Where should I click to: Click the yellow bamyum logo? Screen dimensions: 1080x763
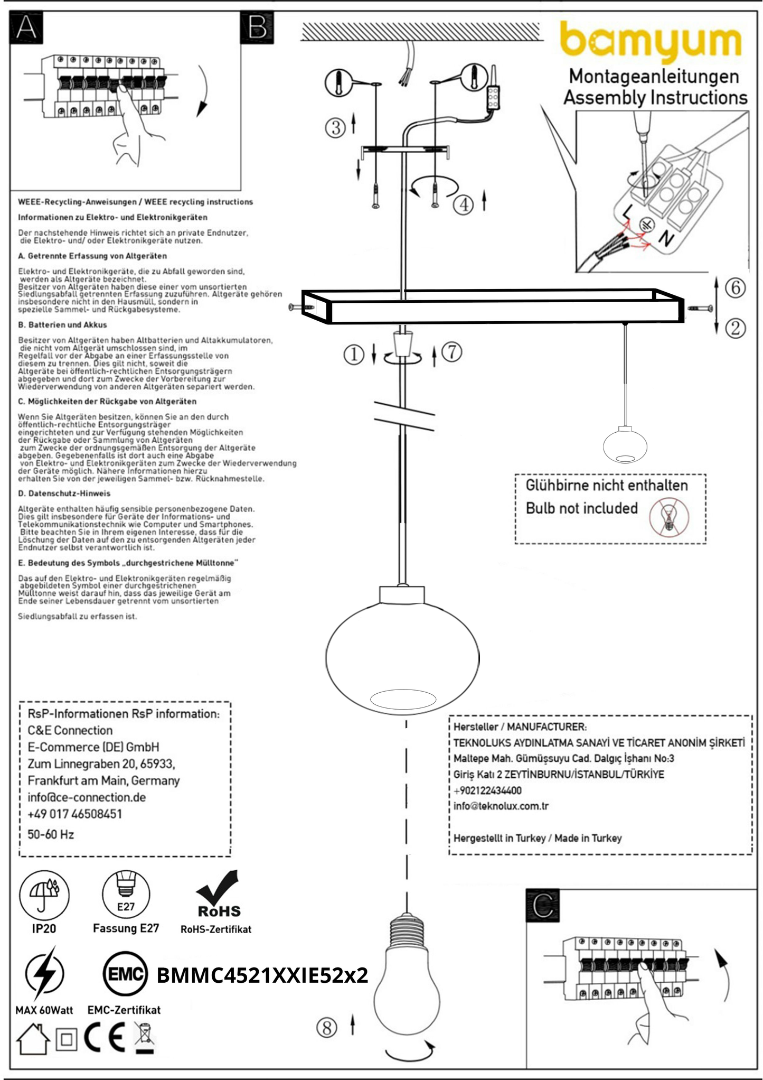[x=651, y=41]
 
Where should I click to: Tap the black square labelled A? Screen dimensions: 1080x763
[x=26, y=27]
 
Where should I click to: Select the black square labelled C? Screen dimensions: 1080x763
[x=543, y=906]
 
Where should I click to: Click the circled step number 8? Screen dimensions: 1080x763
[x=327, y=1028]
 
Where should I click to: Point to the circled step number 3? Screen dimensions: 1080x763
[x=336, y=127]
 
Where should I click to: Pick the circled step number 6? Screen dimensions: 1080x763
[x=735, y=288]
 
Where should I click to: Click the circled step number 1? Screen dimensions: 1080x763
[x=354, y=355]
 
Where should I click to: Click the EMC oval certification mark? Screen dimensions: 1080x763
[x=125, y=974]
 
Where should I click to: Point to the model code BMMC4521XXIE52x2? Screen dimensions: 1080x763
[x=262, y=975]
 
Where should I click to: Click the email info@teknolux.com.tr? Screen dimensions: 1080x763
[x=501, y=806]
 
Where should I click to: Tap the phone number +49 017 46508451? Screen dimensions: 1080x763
[x=74, y=814]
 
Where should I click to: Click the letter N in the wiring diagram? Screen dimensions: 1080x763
[x=666, y=239]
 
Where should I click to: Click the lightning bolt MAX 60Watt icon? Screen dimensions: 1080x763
[x=44, y=973]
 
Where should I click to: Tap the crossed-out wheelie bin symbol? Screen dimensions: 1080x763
[x=144, y=1039]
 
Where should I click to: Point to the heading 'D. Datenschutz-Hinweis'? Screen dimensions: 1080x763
[x=64, y=494]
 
